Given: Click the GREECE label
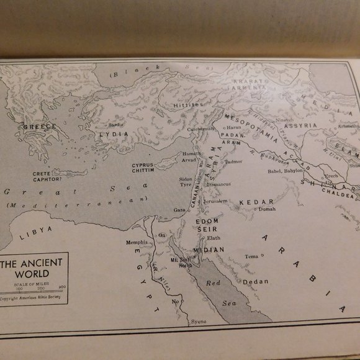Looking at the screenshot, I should [x=39, y=127].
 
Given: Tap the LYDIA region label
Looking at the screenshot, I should [x=114, y=134].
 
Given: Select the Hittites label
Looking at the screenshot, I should [x=188, y=105].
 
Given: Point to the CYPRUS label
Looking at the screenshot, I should [x=143, y=165].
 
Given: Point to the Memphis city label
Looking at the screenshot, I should [x=137, y=242].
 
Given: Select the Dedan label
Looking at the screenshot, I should [x=255, y=281].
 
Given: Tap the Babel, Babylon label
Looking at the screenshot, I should [x=285, y=171].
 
